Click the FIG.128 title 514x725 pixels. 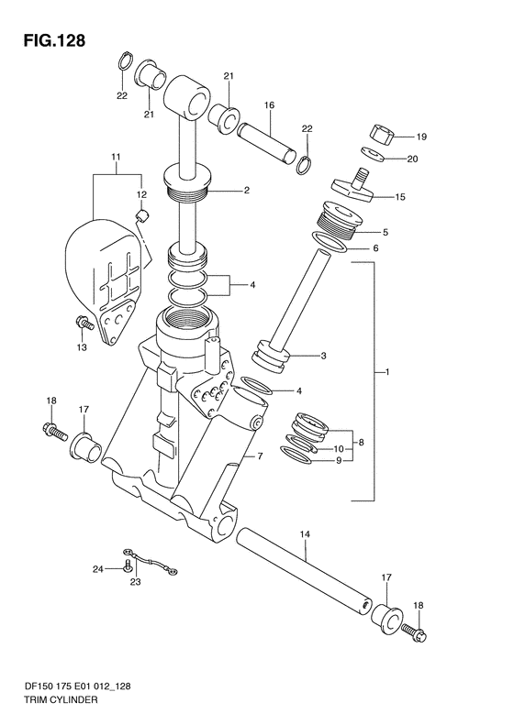point(55,40)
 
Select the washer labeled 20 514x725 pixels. point(373,154)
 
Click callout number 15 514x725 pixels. point(400,197)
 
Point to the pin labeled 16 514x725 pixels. point(266,142)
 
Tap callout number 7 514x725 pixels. point(260,456)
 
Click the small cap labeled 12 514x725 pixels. point(140,215)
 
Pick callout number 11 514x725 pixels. point(116,158)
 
